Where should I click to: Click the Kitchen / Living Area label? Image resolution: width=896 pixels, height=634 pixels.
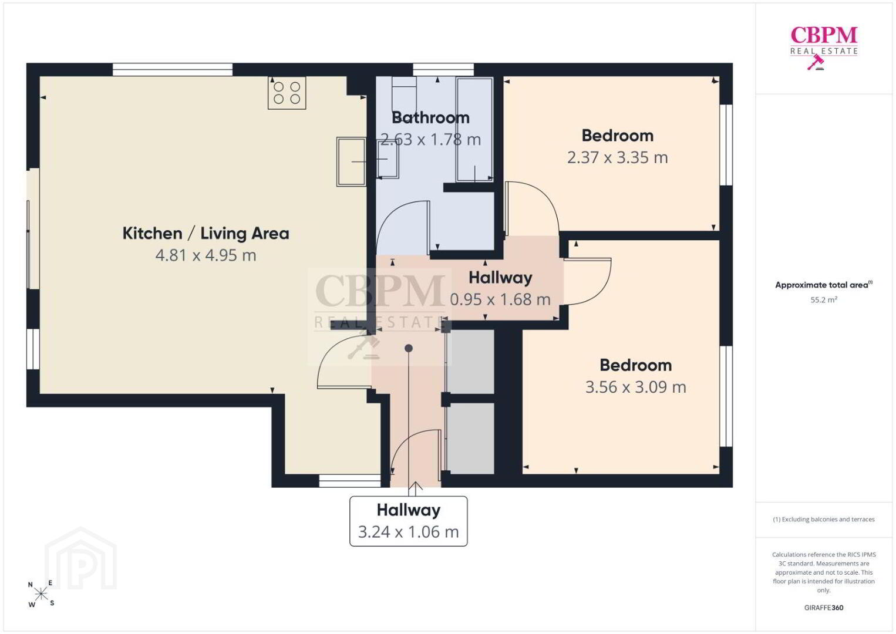(x=206, y=233)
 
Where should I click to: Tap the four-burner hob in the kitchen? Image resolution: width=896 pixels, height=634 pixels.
(x=287, y=93)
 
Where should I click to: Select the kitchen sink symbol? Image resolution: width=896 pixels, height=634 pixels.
(x=351, y=161)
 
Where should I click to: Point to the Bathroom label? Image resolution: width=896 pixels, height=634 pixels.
(x=430, y=117)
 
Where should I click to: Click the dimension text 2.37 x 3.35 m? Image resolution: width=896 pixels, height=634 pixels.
(x=618, y=157)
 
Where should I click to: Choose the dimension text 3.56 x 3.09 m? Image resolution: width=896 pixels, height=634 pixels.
(x=636, y=387)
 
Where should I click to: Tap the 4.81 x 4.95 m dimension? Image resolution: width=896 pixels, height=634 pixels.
(x=206, y=255)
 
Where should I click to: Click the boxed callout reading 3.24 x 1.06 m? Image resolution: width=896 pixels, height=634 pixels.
(x=409, y=521)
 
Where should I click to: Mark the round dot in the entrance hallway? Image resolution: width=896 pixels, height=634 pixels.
(x=409, y=348)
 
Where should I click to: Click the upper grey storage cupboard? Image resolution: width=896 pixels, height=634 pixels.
(x=470, y=362)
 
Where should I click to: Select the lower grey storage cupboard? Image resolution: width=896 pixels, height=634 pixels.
(x=470, y=439)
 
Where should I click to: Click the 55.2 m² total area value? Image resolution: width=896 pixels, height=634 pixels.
(x=824, y=299)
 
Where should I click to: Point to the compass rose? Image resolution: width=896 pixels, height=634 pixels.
(x=41, y=593)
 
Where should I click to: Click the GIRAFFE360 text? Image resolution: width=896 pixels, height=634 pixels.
(x=824, y=608)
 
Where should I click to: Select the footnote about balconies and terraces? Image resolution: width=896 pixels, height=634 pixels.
(x=824, y=519)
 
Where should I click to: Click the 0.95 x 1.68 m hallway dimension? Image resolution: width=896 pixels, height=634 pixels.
(x=500, y=299)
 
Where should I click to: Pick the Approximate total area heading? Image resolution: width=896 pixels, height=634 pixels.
(x=824, y=285)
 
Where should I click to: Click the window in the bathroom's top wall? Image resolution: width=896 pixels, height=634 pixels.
(x=443, y=70)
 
